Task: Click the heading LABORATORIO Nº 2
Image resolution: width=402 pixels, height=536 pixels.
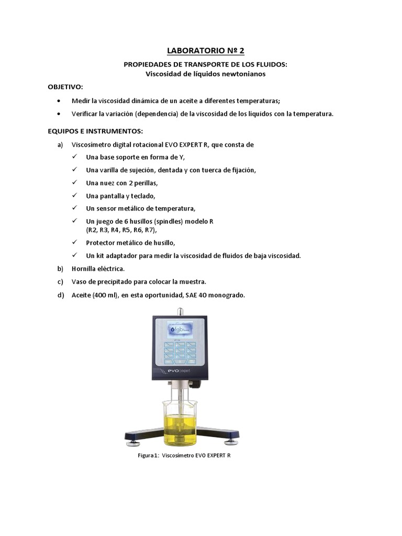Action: [205, 51]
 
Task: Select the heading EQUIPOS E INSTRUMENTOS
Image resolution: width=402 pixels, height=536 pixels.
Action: [95, 130]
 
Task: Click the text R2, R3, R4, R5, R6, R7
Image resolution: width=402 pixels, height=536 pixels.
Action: [121, 230]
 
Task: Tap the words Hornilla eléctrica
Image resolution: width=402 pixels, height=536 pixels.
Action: [98, 269]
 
